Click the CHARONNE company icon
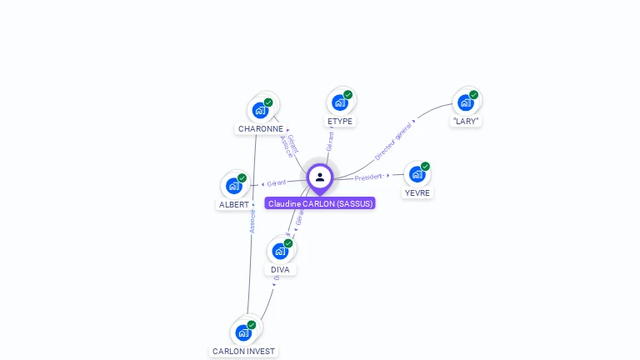click(x=261, y=110)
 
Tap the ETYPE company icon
click(x=339, y=102)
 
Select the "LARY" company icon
click(x=465, y=102)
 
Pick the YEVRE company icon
click(x=417, y=174)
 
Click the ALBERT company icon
click(x=234, y=186)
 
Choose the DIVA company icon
click(x=280, y=251)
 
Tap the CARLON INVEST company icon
click(x=243, y=332)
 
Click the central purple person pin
click(x=320, y=177)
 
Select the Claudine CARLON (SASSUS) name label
click(x=320, y=203)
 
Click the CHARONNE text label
click(x=261, y=129)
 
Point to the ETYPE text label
click(x=340, y=122)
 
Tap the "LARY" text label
click(x=466, y=122)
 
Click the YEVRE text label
click(x=417, y=193)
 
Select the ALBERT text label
click(x=234, y=205)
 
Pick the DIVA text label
click(x=281, y=270)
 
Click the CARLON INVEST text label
click(x=243, y=352)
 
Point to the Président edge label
click(x=368, y=177)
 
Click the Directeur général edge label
click(x=392, y=141)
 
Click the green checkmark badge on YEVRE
click(x=425, y=167)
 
